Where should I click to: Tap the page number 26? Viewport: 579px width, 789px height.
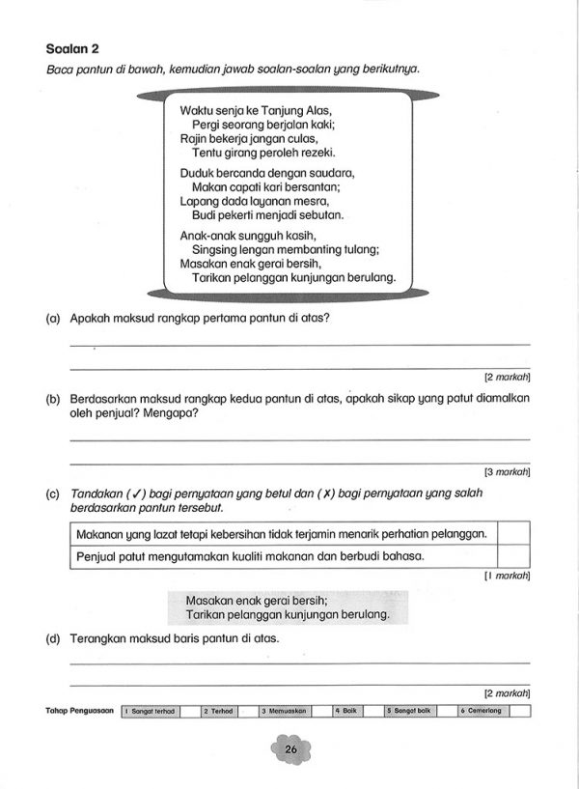pyautogui.click(x=289, y=749)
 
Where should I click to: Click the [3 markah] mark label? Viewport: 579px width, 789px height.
pyautogui.click(x=507, y=472)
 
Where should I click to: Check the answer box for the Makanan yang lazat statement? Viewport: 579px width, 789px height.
pyautogui.click(x=512, y=533)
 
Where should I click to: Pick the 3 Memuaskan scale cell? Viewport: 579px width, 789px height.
pyautogui.click(x=285, y=711)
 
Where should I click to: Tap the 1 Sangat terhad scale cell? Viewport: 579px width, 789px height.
pyautogui.click(x=151, y=711)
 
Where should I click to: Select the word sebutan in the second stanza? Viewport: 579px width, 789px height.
pyautogui.click(x=321, y=215)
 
